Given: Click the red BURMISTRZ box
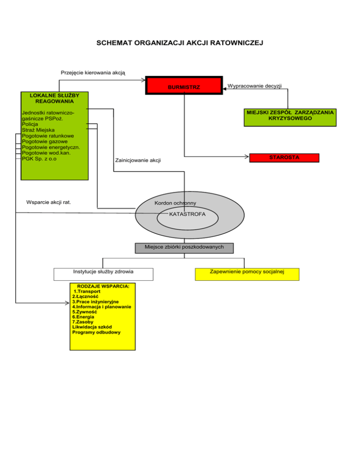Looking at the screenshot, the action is click(184, 85).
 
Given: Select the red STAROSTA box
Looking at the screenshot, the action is click(284, 158).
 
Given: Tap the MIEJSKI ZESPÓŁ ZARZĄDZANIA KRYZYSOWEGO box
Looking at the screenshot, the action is click(290, 118).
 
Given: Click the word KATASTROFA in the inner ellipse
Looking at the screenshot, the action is click(187, 214).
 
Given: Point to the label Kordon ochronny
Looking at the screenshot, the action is click(175, 203).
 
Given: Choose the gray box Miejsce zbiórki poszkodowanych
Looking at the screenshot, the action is click(184, 248).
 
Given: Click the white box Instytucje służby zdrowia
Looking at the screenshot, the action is click(104, 274).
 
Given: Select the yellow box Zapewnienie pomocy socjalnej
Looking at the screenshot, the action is click(247, 274).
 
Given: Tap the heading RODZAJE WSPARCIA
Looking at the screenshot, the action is click(103, 286).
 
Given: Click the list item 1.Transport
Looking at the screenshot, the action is click(87, 292).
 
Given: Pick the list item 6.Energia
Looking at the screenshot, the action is click(83, 317).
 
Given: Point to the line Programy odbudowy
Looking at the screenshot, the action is click(96, 332).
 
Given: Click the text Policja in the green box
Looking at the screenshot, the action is click(30, 124).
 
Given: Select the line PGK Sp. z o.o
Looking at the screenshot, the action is click(39, 159).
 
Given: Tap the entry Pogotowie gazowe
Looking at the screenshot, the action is click(45, 142).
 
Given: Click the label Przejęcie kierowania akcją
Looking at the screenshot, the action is click(93, 73).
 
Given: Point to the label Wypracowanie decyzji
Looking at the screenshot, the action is click(255, 86).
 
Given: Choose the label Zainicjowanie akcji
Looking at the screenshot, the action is click(138, 160).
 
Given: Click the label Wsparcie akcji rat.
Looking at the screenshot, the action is click(49, 203).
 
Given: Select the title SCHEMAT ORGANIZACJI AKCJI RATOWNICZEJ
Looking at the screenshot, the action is click(180, 43).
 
